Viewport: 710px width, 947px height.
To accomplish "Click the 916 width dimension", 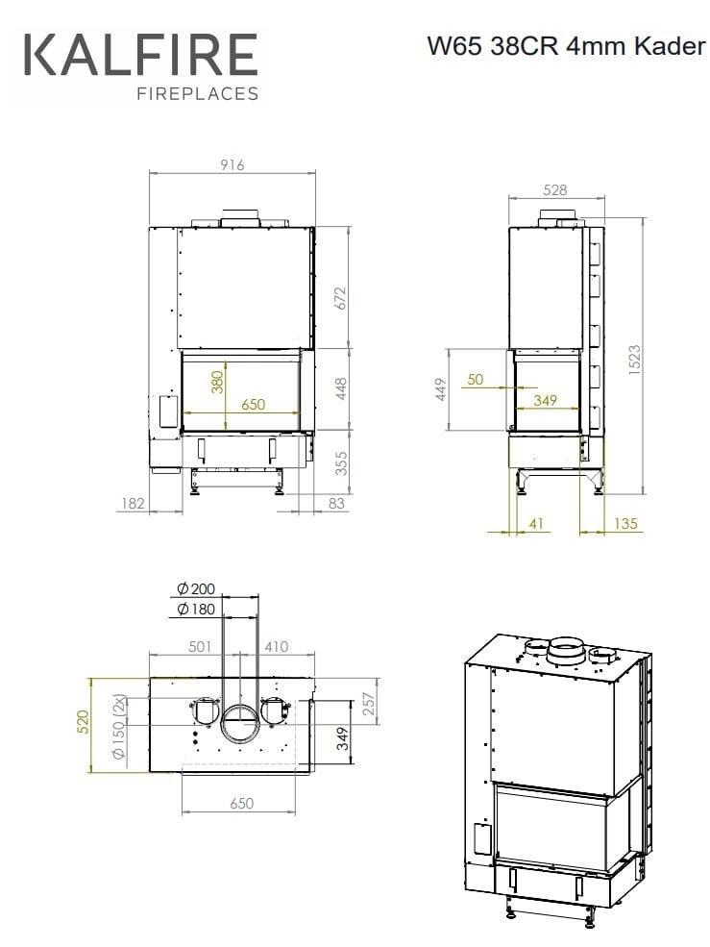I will (x=233, y=165).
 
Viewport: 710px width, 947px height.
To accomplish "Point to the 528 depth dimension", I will (x=554, y=190).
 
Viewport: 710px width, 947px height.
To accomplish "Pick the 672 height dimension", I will (x=339, y=298).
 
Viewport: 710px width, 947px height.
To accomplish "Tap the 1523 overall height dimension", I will (x=634, y=361).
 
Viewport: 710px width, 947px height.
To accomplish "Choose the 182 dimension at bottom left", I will (x=133, y=503).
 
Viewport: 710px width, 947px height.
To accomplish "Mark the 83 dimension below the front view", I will (x=336, y=503).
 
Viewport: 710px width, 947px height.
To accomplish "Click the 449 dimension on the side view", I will (x=443, y=388).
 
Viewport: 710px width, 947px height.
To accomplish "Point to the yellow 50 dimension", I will (x=475, y=380).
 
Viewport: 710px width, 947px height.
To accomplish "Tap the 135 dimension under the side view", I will (x=624, y=524).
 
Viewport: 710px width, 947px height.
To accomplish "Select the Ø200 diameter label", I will (x=196, y=588).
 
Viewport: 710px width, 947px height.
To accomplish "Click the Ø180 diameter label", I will (x=196, y=610).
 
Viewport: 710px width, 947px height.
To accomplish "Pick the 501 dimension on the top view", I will (x=200, y=646).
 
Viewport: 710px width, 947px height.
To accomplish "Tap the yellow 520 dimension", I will (x=82, y=724).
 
